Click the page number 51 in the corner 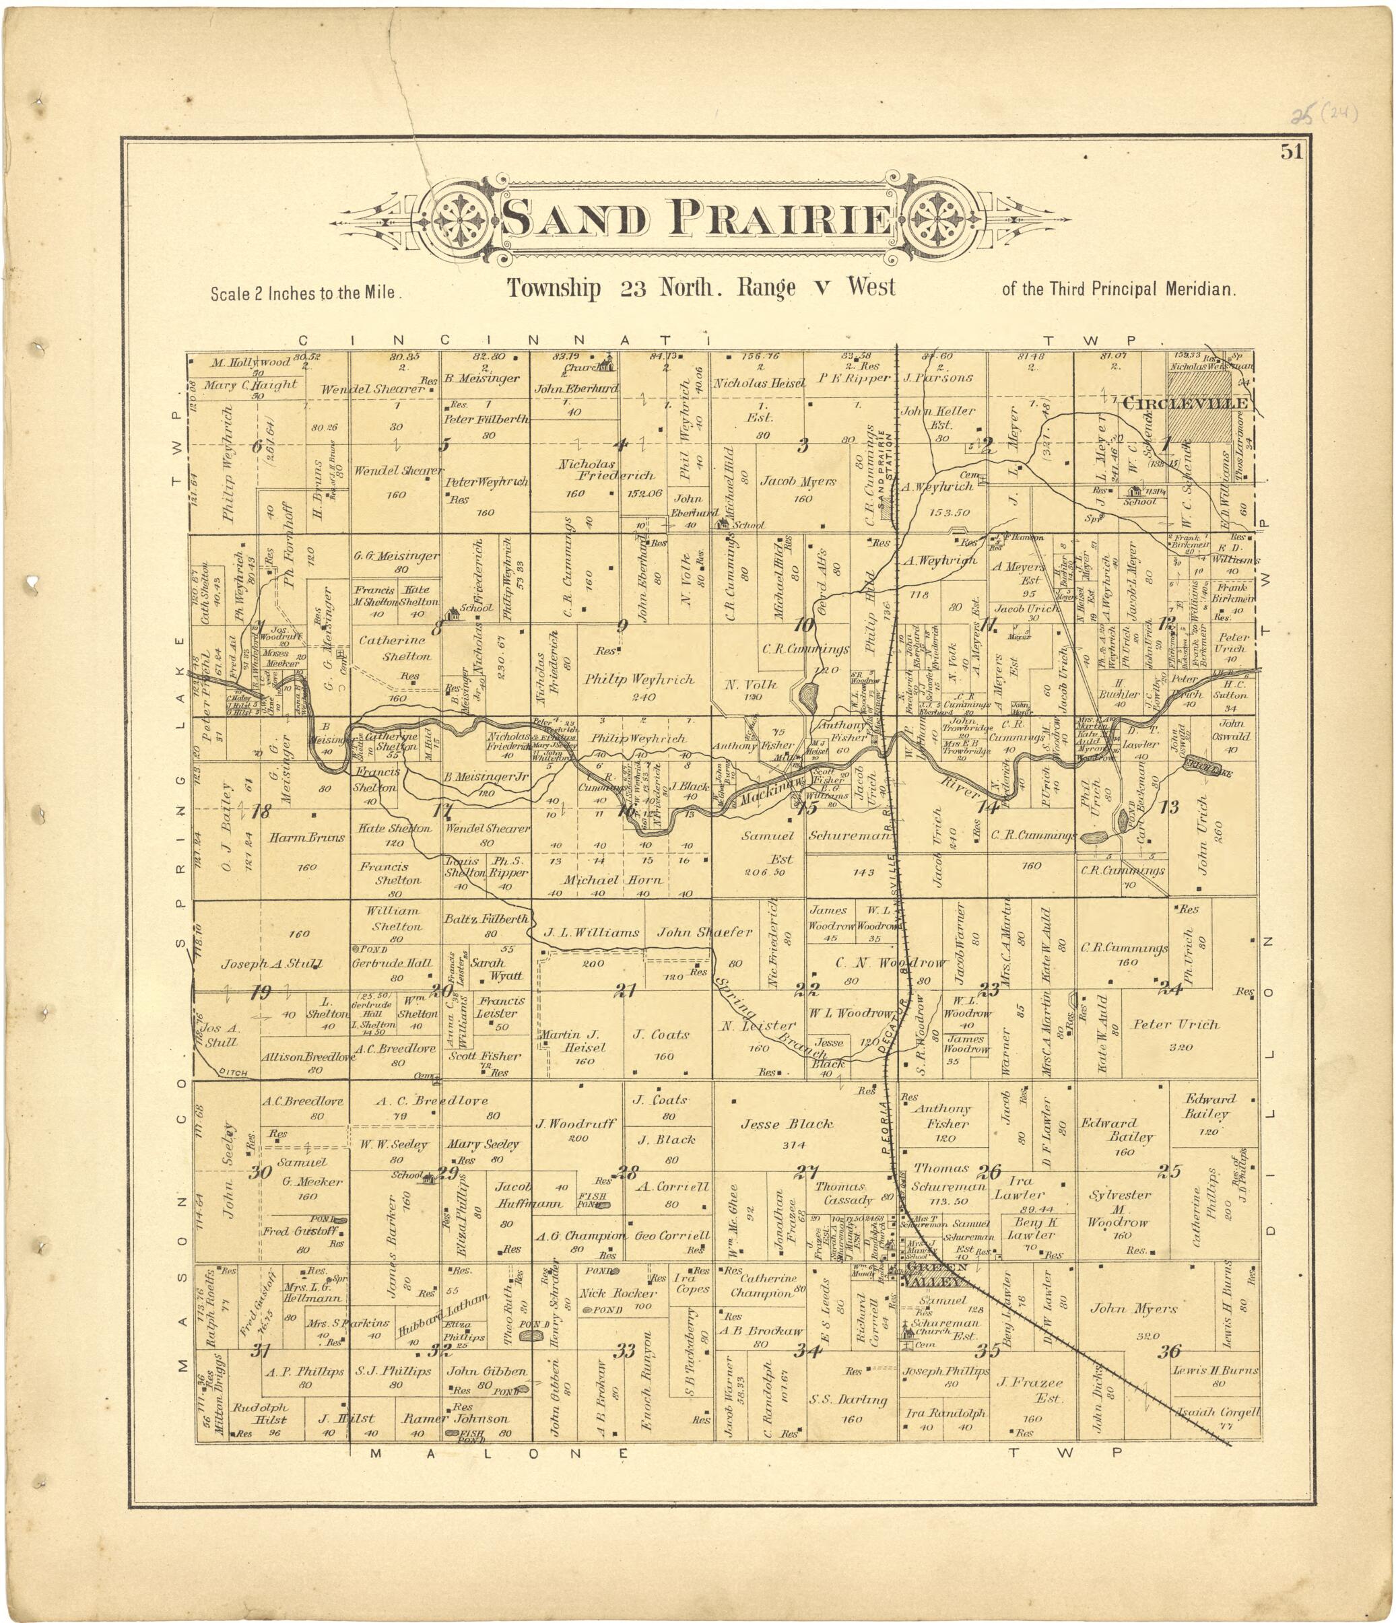pos(1292,152)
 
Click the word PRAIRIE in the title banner pos(778,219)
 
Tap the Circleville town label pos(1184,403)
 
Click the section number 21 pos(624,990)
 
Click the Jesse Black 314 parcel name pos(787,1124)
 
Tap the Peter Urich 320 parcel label pos(1175,1024)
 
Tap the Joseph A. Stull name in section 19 pos(261,964)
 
